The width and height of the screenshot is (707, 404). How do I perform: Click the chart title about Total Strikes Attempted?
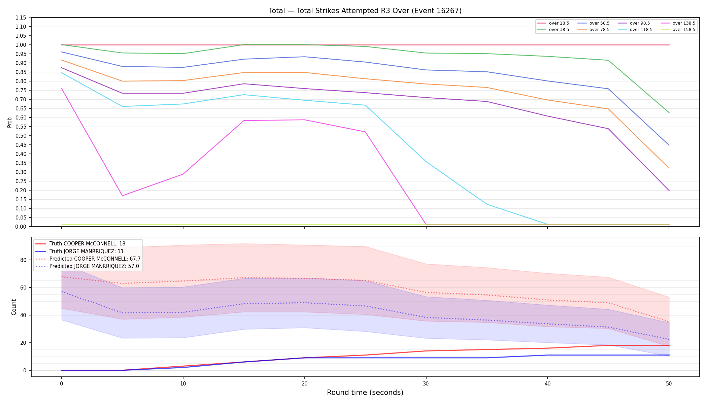click(x=365, y=11)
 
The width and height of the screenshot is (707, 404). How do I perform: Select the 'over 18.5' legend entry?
click(x=553, y=23)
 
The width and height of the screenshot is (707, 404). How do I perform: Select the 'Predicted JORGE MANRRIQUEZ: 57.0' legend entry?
click(x=87, y=266)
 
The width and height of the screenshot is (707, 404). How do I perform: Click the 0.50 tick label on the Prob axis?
click(x=21, y=136)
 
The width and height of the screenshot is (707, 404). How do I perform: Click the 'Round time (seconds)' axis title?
click(x=365, y=393)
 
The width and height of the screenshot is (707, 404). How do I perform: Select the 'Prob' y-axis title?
click(x=10, y=122)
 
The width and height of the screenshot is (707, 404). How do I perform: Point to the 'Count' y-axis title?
click(x=14, y=307)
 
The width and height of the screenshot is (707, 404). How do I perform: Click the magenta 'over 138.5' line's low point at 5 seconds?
click(x=122, y=196)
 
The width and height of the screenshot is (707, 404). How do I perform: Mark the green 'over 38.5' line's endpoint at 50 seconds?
click(x=669, y=112)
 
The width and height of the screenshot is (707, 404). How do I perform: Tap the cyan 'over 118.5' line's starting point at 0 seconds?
click(x=62, y=73)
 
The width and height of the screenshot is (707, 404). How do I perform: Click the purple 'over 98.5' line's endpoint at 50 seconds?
click(x=669, y=191)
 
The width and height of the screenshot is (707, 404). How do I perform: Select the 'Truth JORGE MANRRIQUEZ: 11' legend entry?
click(x=79, y=251)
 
